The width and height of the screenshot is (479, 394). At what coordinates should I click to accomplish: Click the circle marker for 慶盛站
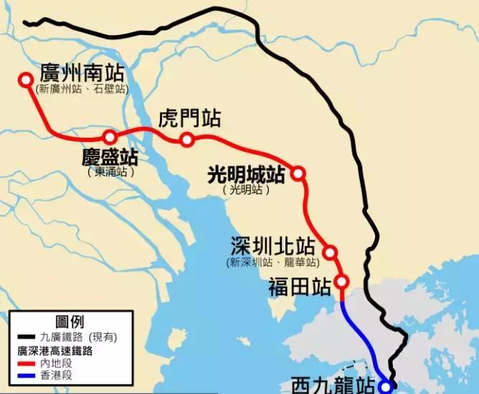pos(110,137)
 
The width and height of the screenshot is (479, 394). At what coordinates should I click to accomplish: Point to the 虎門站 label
pos(189,118)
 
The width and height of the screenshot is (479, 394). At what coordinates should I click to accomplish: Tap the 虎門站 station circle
pos(187,140)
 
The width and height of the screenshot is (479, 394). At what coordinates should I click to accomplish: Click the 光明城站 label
pos(246,175)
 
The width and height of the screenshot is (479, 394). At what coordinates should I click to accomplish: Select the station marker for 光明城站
pos(298,173)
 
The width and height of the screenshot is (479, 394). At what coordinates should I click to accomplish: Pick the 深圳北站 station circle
pos(331,252)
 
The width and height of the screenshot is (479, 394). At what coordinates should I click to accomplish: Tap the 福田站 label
pos(299,287)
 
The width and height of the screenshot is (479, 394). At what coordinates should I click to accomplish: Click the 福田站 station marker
pos(341,281)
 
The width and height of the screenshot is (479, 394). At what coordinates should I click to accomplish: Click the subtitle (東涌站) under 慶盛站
pos(110,173)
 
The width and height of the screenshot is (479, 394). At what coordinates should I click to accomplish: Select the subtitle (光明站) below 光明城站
pos(246,190)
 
